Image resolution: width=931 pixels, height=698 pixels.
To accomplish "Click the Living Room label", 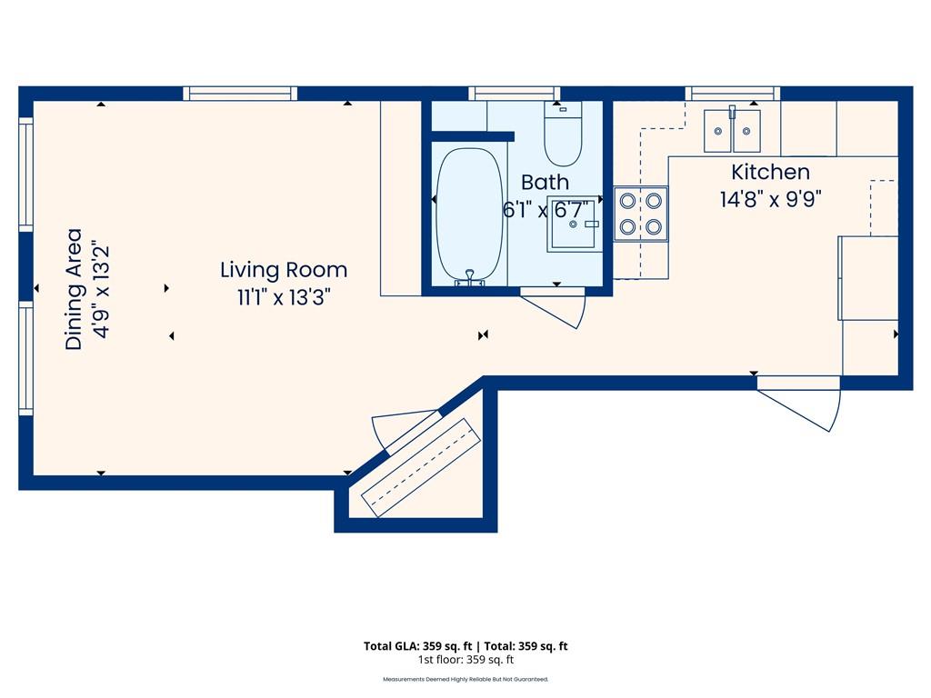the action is tap(284, 270).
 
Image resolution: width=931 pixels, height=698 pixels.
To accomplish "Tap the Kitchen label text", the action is tap(770, 172).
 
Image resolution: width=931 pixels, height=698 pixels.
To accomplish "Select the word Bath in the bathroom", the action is tap(545, 182).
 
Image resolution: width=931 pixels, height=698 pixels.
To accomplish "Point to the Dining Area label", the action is tap(74, 289).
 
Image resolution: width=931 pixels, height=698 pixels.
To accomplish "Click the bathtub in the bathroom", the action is tap(470, 215).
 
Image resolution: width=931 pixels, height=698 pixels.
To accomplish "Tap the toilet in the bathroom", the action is tap(563, 134).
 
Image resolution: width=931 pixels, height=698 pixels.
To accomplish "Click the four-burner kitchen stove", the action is tap(641, 214).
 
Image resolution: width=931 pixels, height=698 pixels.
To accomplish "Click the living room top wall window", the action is tap(240, 94).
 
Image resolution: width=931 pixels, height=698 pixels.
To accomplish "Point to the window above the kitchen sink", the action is tap(733, 94).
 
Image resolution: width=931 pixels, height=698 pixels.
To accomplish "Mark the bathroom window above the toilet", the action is tap(515, 94).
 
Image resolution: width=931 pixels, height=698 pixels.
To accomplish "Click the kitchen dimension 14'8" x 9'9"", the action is tap(771, 199).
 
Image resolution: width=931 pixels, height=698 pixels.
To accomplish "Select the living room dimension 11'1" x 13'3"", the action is tap(284, 297).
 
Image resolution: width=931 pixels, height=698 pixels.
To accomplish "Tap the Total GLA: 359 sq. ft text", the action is tap(418, 646).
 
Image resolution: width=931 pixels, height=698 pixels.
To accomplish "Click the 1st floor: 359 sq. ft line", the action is tap(466, 660).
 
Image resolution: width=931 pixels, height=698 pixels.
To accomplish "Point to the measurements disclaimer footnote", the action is tap(465, 679).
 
